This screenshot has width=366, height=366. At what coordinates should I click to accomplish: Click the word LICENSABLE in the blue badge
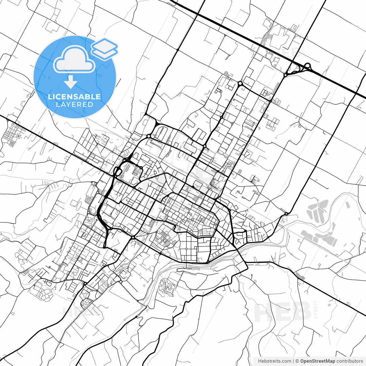74,97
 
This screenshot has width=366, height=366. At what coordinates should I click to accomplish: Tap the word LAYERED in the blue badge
74,104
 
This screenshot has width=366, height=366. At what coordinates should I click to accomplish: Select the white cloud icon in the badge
74,59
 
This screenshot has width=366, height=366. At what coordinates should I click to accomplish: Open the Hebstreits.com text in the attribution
274,361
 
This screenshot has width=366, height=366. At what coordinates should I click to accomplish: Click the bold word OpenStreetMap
317,361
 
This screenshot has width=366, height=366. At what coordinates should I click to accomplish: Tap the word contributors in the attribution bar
350,361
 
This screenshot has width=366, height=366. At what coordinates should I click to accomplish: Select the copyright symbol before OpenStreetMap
297,361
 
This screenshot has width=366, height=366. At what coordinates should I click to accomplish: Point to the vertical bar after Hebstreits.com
294,361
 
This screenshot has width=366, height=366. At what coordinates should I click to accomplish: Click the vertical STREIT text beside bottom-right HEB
316,309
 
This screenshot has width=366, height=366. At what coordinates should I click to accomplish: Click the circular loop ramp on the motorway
308,66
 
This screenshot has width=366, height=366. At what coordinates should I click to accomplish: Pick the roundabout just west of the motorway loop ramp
285,75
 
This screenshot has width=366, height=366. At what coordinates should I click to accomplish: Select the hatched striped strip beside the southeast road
300,276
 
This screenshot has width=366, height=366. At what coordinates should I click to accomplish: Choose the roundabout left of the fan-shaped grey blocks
286,214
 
